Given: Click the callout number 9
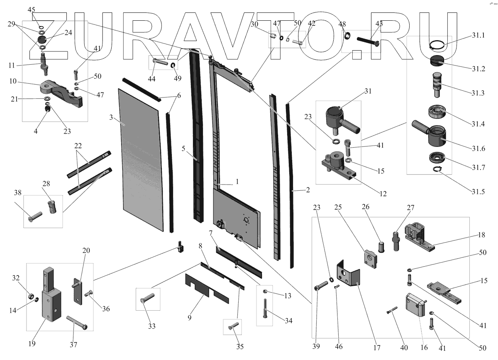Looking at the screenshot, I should point(189,318).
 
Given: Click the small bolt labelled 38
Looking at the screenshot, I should point(35,215).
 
